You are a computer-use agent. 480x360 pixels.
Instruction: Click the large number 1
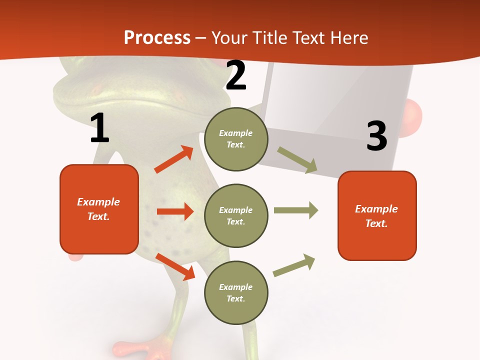coord(99,128)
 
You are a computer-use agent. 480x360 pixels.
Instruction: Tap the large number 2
coord(236,76)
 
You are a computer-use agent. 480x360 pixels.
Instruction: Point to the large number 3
coord(376,136)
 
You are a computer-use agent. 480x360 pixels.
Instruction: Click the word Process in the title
coord(157,37)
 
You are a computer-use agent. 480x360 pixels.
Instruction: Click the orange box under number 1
coord(99,209)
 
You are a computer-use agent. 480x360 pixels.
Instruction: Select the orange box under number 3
coord(377,215)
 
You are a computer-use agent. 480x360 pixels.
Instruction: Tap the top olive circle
coord(236,139)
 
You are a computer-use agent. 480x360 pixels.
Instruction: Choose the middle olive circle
coord(236,215)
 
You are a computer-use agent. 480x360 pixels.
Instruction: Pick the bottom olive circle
coord(236,292)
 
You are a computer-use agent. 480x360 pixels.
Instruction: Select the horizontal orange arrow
coord(175,211)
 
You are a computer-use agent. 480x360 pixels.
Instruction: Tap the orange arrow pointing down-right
coord(175,266)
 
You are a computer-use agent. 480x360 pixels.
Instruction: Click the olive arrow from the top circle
coord(297,160)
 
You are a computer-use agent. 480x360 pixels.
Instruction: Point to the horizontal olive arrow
coord(295,210)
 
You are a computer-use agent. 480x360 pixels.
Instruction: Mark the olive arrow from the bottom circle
coord(294,265)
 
